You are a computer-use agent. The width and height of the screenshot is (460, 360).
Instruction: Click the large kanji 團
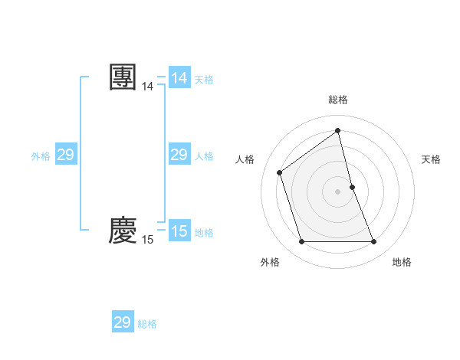pyautogui.click(x=123, y=78)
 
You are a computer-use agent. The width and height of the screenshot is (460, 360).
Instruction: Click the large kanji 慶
pyautogui.click(x=123, y=231)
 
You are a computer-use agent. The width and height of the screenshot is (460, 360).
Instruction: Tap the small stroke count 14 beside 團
pyautogui.click(x=147, y=87)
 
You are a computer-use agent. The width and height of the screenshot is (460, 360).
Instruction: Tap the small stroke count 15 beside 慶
pyautogui.click(x=147, y=240)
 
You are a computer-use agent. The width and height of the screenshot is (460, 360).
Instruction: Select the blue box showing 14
pyautogui.click(x=179, y=78)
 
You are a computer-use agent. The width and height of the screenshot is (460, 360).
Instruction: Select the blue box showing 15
pyautogui.click(x=179, y=231)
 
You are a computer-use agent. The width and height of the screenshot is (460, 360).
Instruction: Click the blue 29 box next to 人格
pyautogui.click(x=179, y=155)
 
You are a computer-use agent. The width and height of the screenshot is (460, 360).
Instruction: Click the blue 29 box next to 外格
pyautogui.click(x=65, y=155)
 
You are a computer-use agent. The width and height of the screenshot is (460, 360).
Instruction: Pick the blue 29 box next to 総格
pyautogui.click(x=122, y=322)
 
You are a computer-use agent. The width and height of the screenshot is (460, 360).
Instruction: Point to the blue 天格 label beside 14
pyautogui.click(x=204, y=79)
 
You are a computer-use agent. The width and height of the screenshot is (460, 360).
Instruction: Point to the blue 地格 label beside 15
pyautogui.click(x=204, y=232)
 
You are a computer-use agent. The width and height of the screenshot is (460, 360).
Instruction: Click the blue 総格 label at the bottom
pyautogui.click(x=147, y=324)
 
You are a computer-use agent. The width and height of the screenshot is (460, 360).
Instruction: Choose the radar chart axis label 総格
pyautogui.click(x=337, y=100)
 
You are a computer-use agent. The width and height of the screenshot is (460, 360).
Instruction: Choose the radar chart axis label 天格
pyautogui.click(x=431, y=159)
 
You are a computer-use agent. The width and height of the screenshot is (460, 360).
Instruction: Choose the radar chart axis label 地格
pyautogui.click(x=402, y=262)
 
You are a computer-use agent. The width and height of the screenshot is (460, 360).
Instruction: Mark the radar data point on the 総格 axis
pyautogui.click(x=337, y=130)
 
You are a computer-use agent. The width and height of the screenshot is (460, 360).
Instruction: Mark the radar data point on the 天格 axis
pyautogui.click(x=352, y=186)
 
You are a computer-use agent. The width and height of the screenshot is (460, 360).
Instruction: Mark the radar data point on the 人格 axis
pyautogui.click(x=280, y=172)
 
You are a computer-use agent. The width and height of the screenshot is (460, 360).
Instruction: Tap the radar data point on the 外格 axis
pyautogui.click(x=301, y=242)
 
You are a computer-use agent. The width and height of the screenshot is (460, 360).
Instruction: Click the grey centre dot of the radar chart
pyautogui.click(x=337, y=191)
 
